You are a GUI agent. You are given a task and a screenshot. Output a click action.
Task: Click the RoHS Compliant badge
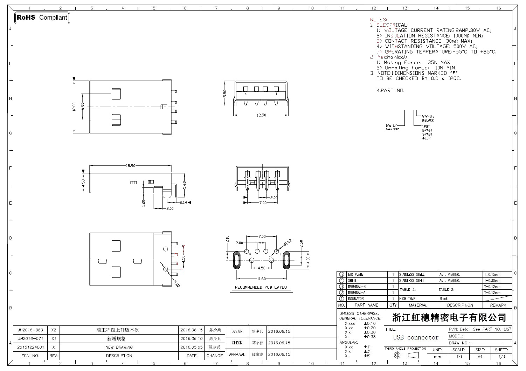(42, 18)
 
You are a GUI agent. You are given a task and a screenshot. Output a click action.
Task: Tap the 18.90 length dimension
(131, 166)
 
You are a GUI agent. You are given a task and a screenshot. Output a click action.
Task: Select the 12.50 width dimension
(261, 115)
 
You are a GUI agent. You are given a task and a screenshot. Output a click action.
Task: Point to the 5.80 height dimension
(225, 94)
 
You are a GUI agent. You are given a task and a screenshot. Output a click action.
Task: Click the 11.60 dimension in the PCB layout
(261, 279)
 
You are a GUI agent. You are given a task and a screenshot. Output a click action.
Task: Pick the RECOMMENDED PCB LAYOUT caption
(262, 287)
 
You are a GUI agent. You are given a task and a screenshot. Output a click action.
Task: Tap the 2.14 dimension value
(184, 202)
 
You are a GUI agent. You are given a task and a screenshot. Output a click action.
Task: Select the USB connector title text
(416, 337)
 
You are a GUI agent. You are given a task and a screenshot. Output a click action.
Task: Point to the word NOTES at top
(378, 20)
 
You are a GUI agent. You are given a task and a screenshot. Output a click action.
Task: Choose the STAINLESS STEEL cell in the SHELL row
(412, 281)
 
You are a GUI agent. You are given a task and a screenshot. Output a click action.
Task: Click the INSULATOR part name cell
(355, 299)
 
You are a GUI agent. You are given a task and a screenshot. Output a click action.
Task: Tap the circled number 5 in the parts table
(342, 275)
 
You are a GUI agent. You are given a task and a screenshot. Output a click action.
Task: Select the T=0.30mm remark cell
(492, 281)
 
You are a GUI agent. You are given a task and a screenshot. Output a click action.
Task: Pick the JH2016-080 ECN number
(30, 330)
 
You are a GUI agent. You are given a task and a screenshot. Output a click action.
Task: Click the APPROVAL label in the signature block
(237, 355)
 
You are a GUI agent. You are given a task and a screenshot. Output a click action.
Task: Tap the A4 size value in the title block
(480, 357)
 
